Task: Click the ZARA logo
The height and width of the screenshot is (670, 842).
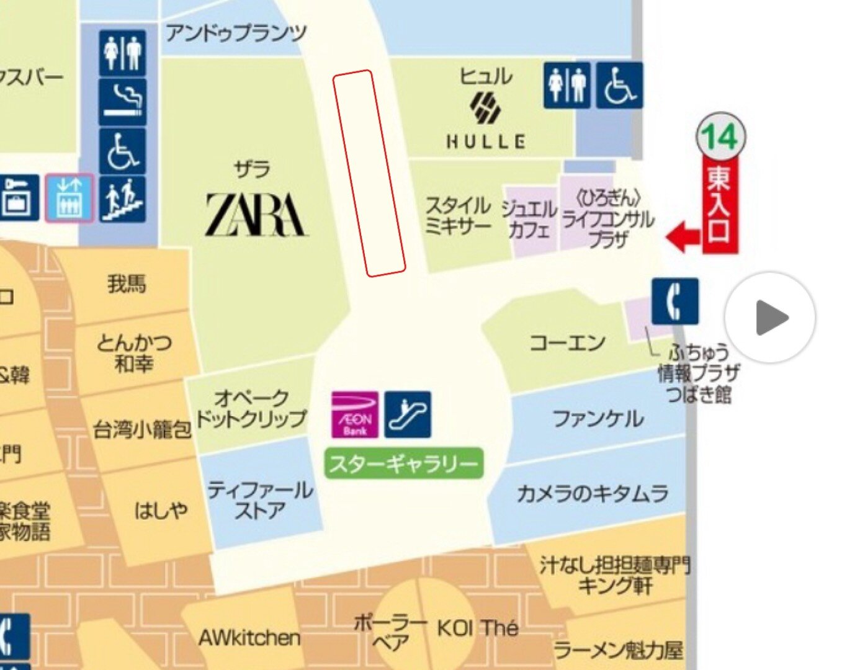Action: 256,215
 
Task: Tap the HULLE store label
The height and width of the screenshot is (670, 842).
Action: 485,141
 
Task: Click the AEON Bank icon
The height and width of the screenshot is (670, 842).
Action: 355,414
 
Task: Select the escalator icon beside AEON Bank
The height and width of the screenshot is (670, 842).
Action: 408,414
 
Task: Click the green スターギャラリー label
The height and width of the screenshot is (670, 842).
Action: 404,463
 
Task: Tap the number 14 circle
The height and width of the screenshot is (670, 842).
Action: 720,137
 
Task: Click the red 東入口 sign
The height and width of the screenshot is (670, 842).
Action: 720,204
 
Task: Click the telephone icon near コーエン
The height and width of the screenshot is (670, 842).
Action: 674,301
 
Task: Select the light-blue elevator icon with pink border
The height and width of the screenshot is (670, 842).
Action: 69,198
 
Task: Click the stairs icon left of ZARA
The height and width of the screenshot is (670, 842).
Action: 123,199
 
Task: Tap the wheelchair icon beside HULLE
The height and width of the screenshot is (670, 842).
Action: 619,86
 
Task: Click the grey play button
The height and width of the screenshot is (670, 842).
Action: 770,318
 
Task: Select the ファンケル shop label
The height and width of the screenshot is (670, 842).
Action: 598,419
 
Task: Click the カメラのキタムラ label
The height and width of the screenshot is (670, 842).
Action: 593,494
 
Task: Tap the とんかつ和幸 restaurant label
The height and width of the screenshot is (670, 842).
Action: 134,352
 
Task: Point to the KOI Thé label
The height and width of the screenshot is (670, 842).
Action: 477,628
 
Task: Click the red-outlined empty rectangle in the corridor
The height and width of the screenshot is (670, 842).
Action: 369,173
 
